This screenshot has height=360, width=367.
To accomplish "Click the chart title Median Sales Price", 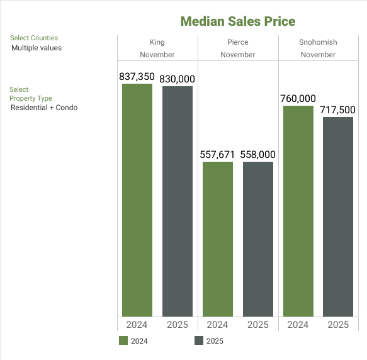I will coord(237,21).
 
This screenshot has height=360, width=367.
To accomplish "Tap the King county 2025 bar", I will coord(178,201).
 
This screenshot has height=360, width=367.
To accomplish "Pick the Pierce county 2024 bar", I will coord(218,239).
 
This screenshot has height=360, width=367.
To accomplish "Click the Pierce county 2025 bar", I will coord(258,239).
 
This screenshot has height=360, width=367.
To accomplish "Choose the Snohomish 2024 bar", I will coord(298,211).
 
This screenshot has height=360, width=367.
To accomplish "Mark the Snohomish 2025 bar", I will coord(339,217).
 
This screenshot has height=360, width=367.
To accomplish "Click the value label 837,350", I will coord(137,77).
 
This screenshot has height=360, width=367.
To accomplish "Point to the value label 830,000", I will coord(178,79).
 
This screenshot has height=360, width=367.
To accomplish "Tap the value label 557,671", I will coord(218,154).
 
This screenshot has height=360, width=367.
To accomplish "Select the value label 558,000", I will coord(258,154).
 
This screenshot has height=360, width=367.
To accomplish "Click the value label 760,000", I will coord(298,98).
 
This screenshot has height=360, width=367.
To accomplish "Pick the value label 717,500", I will coord(339,110).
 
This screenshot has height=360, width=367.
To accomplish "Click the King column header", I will coord(157,42).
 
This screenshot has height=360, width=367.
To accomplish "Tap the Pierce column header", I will coord(238,42).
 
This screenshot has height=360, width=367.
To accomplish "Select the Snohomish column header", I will coord(318,42).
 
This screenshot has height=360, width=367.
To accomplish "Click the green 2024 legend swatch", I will coord(123,341).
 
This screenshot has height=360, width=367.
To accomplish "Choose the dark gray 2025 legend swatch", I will coord(199,341).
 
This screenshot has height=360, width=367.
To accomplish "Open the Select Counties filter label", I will coord(34,38).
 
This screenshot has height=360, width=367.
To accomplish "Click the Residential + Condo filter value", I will coord(44,108).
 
